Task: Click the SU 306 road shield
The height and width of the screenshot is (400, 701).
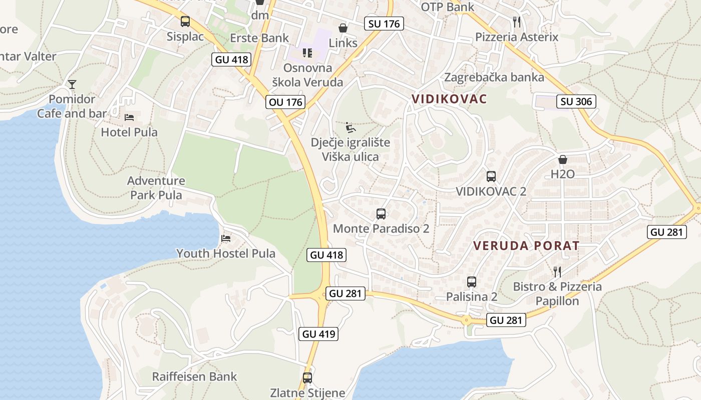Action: tap(576, 101)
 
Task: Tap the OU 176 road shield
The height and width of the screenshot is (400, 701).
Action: tap(286, 102)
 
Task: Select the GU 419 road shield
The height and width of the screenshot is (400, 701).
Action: tap(319, 333)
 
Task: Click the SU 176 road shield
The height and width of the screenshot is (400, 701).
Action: tap(384, 23)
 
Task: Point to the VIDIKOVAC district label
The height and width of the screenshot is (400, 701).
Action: tap(449, 98)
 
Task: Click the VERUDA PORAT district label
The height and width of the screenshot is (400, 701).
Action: tap(526, 245)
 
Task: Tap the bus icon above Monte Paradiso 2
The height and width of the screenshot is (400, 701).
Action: tap(381, 214)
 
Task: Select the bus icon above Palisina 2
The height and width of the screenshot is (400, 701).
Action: tap(472, 282)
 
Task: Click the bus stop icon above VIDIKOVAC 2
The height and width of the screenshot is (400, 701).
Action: tap(491, 176)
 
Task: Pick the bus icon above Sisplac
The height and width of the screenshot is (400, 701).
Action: tap(185, 21)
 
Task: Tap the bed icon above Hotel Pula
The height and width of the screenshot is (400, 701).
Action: tap(129, 117)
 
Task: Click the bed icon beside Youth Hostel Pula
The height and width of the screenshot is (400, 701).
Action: tap(226, 238)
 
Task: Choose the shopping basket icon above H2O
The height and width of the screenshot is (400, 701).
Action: tap(563, 159)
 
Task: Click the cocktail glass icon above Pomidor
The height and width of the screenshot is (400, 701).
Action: tap(72, 84)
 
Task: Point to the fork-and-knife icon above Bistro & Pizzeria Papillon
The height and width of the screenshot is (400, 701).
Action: tap(557, 271)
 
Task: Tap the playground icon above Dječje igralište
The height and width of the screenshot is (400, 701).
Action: tap(351, 127)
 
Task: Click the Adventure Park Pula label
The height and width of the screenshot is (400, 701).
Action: tap(156, 187)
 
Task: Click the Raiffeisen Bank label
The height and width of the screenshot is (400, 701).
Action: tap(195, 376)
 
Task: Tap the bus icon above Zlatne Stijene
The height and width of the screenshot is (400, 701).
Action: tap(307, 378)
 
